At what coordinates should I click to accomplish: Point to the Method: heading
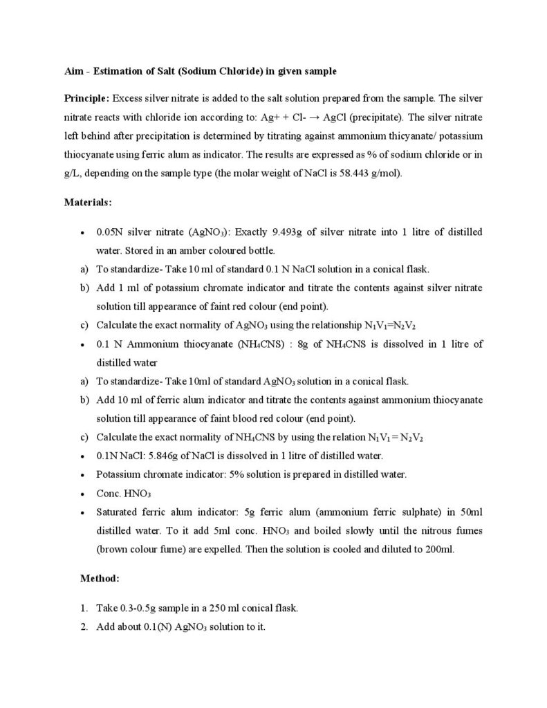[x=101, y=576]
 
